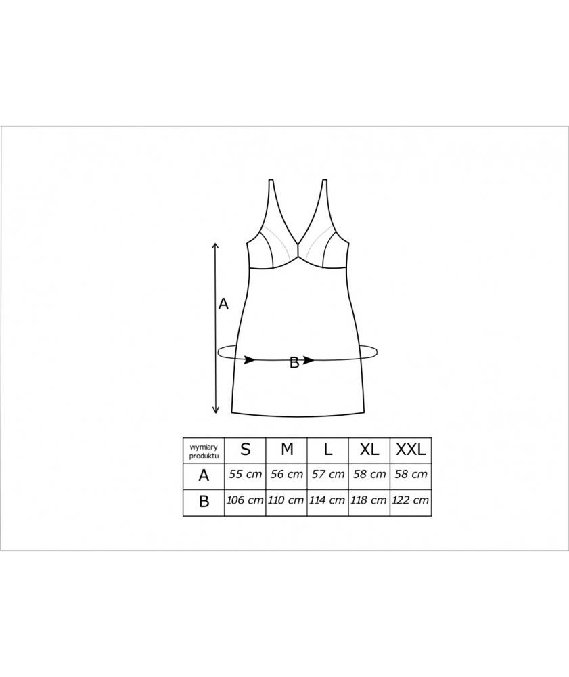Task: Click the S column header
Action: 245,450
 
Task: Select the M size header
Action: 287,450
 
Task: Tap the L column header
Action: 328,450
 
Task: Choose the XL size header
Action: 369,450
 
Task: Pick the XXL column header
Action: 411,450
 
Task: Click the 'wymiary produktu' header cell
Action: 204,451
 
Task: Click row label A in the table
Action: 204,476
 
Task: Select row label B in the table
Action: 204,502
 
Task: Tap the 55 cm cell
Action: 245,474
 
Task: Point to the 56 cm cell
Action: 286,474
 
